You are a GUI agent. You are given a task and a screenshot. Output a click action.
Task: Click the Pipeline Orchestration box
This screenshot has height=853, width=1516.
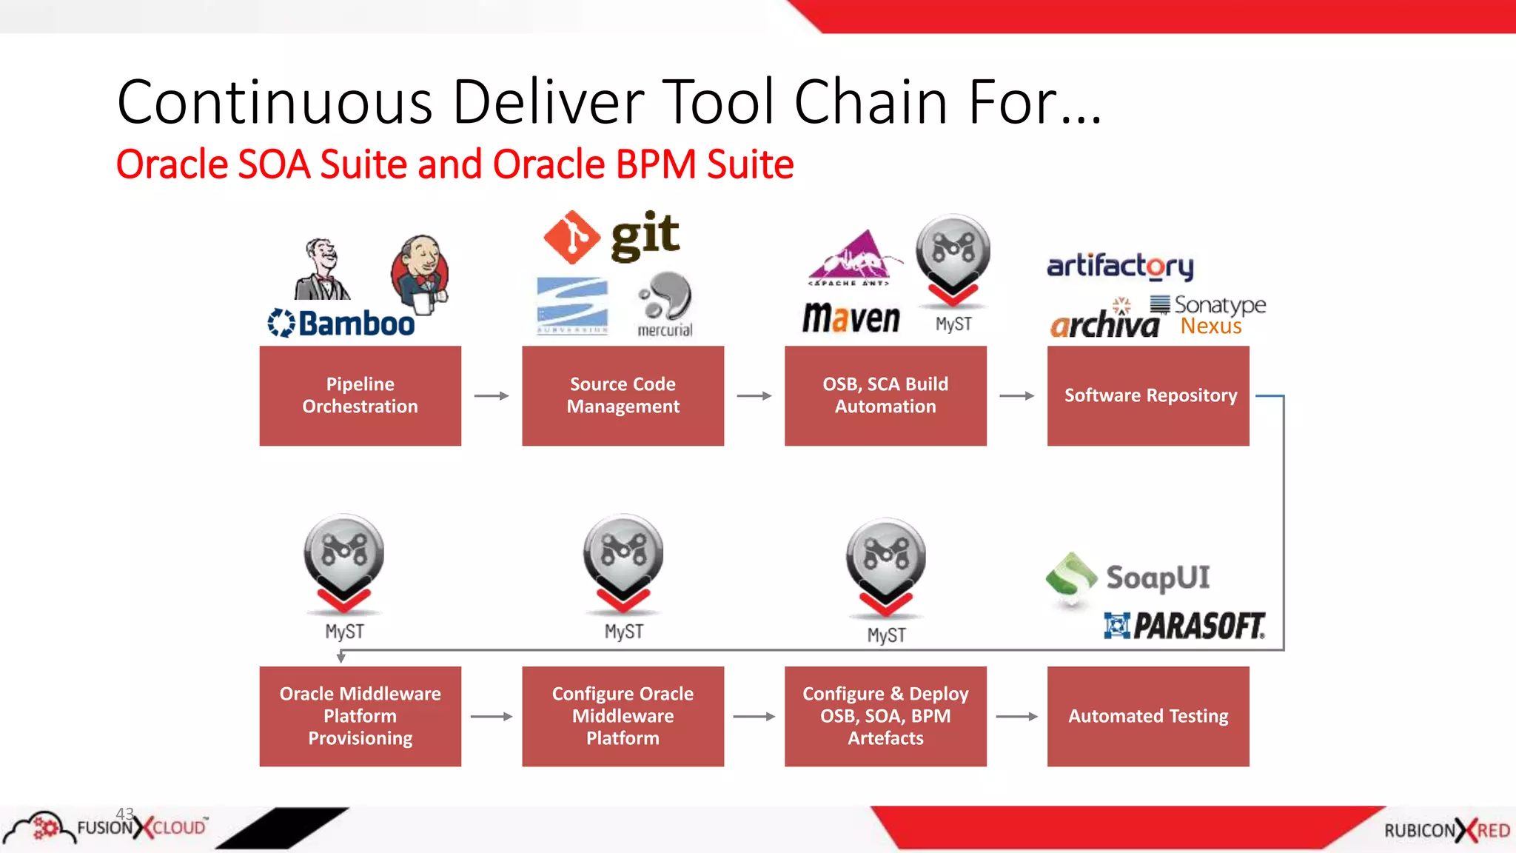360,395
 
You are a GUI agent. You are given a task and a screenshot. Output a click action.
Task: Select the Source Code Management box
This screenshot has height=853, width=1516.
623,395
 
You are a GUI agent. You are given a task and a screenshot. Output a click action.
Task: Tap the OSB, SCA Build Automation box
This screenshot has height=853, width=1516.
885,395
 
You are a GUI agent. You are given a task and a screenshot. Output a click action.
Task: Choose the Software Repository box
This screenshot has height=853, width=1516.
1148,395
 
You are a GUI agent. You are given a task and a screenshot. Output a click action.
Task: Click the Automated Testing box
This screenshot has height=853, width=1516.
1148,716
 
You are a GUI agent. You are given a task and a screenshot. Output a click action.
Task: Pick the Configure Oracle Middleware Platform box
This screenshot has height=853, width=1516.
623,716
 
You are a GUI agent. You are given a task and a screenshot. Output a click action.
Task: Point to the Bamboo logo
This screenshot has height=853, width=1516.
341,324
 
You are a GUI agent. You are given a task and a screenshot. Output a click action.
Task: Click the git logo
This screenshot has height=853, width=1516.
611,237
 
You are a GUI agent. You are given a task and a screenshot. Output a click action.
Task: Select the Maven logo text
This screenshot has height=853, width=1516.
851,318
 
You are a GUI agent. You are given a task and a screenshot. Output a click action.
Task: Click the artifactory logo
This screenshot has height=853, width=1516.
1120,265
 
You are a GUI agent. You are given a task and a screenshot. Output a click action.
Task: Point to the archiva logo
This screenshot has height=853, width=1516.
1104,324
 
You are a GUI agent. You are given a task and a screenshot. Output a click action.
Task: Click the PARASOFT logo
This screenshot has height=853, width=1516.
1184,626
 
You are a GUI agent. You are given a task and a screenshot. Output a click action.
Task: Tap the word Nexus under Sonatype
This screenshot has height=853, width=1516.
1211,327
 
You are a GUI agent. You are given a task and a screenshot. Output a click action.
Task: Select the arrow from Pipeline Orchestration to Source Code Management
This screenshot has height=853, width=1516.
492,396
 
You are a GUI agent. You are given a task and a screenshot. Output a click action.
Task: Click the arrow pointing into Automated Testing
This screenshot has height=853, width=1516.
1017,716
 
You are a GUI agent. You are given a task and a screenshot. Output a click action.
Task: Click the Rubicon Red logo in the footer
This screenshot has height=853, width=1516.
1446,831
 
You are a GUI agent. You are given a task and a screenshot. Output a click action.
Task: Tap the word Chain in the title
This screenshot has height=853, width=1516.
871,102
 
